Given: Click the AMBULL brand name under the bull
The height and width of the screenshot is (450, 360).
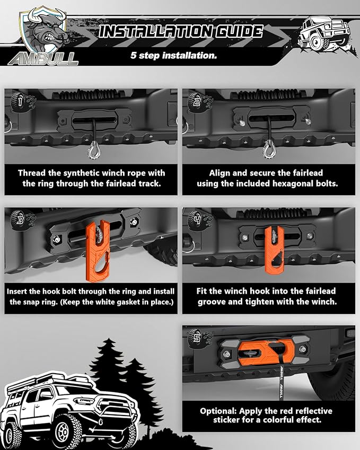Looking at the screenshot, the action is pos(43,59).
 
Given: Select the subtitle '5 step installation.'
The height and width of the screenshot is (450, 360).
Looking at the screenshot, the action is pos(174,55).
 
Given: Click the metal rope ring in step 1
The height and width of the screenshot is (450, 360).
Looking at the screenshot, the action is pos(94,149).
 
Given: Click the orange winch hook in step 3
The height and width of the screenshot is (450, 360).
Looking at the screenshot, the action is pos(98,251).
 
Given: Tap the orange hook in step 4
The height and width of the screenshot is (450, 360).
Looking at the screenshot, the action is pos(274,250).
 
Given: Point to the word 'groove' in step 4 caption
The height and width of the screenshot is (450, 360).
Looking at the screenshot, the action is pos(212,302).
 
